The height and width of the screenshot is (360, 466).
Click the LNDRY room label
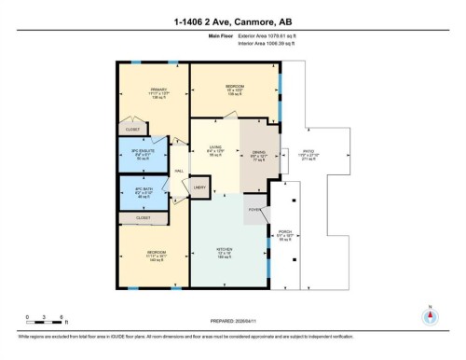coord(199,188)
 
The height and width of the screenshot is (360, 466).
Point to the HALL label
coord(178,172)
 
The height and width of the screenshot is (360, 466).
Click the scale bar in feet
coord(45,322)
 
